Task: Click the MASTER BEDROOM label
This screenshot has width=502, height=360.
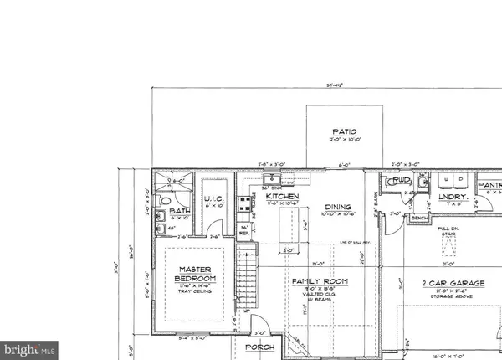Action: (197, 273)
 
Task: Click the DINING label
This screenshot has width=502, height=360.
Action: (338, 207)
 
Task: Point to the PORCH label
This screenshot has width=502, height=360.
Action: (260, 347)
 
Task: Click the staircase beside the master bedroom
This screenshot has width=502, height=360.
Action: (244, 276)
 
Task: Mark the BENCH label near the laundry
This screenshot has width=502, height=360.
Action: (419, 217)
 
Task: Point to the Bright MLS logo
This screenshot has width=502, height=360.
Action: (29, 347)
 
